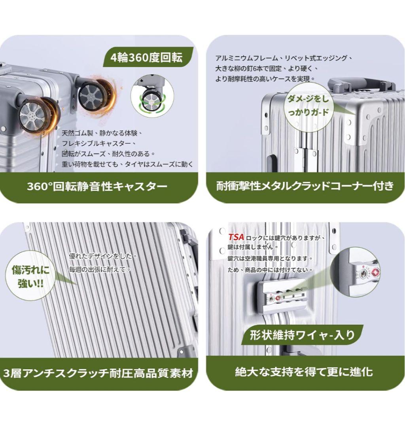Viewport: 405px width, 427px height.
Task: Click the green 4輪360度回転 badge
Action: point(148,57)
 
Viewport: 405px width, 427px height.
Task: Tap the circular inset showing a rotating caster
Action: point(152,96)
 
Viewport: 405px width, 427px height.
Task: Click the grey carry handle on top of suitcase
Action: point(361,83)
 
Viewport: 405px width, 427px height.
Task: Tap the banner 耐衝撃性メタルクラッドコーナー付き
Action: point(305,187)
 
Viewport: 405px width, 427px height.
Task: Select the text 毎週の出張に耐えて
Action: point(100,270)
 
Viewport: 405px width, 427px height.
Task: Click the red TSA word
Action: point(236,237)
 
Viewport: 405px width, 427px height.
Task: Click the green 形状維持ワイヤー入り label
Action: point(302,335)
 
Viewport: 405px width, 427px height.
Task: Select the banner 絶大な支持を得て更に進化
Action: point(305,372)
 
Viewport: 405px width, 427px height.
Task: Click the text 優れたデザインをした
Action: point(103,256)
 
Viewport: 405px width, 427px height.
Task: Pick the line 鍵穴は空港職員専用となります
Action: point(271,259)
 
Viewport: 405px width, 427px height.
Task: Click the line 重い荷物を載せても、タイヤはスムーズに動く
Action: point(127,164)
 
